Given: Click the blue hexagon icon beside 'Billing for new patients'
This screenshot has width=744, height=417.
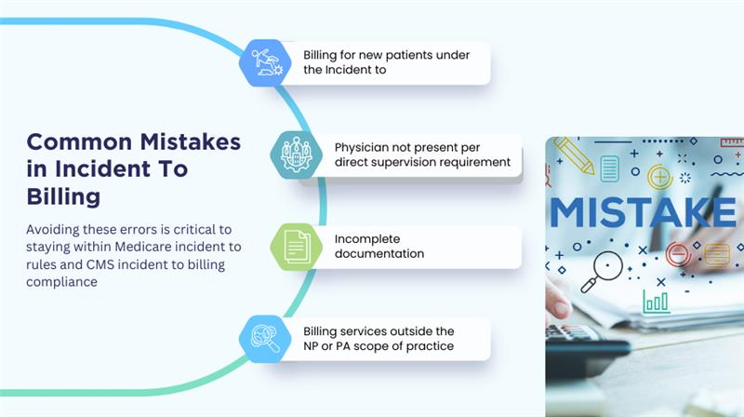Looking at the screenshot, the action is (265, 62).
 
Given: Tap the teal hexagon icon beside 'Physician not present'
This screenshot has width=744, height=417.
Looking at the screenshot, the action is (296, 155).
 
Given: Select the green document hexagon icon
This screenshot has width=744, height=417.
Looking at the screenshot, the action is (296, 247).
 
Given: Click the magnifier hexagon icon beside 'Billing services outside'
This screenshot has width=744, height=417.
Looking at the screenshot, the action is (265, 339).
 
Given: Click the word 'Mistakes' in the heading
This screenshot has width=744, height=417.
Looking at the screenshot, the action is (191, 142).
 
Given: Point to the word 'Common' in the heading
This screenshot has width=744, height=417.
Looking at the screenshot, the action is (79, 142).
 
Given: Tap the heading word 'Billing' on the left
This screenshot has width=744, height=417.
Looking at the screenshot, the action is (63, 197).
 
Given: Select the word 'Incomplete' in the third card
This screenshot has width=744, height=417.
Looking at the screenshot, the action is (367, 239).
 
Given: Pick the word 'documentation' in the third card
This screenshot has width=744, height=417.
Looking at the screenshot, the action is (379, 253).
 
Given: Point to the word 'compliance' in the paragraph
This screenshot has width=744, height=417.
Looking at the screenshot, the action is (61, 282).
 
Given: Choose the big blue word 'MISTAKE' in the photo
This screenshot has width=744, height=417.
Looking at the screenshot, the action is (644, 212).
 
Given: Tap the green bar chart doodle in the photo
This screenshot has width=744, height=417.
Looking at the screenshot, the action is (657, 302).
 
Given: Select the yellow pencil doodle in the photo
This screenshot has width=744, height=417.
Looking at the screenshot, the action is (574, 155).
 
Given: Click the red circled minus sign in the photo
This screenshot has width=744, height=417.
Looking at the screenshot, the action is (678, 253).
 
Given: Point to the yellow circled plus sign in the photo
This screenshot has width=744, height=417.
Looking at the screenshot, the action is (660, 178).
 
